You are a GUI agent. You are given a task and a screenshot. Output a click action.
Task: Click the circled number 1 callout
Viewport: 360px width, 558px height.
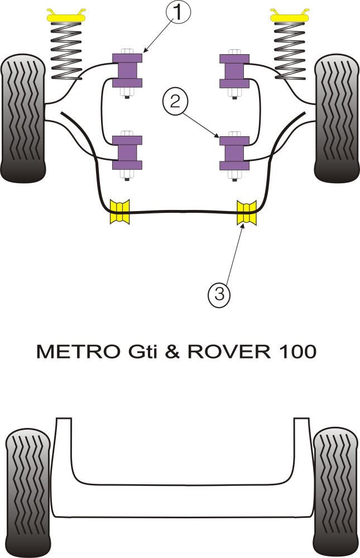(177, 12)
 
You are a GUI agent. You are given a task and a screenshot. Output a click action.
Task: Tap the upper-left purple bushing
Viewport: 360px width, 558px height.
(128, 69)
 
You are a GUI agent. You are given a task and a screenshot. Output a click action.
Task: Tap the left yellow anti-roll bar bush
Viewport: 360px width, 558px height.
(120, 212)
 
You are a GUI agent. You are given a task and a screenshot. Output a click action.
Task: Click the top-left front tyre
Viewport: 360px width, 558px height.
(23, 118)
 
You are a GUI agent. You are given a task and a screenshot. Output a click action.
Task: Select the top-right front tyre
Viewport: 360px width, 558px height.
(337, 118)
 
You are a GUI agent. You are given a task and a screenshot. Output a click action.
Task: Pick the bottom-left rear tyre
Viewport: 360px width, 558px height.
(27, 492)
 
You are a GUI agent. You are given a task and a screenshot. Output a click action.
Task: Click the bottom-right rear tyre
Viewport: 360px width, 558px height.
(335, 492)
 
